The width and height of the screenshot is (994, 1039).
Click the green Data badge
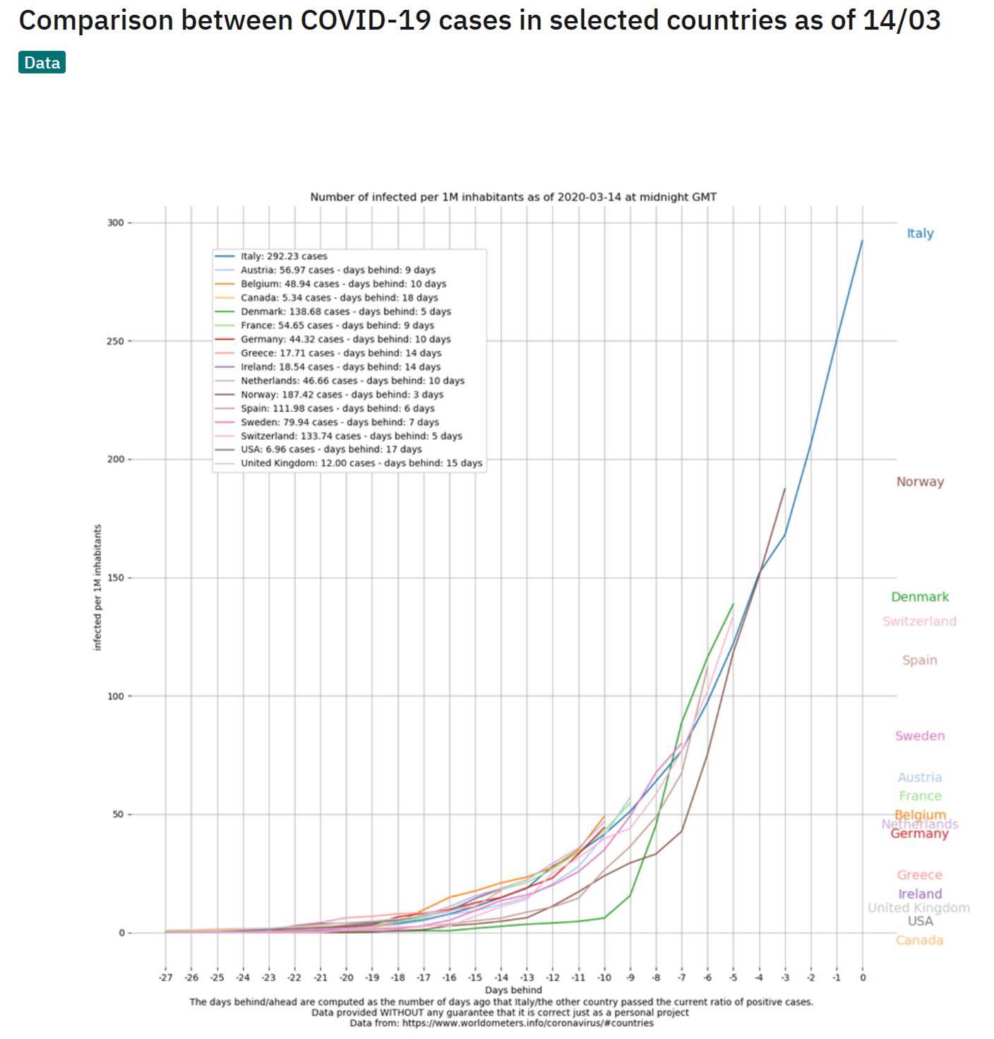(x=42, y=63)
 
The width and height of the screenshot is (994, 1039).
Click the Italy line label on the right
(x=920, y=233)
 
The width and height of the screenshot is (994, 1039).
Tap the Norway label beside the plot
(x=920, y=481)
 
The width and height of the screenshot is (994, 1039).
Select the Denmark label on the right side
(x=920, y=596)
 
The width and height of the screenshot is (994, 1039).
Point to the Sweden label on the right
(x=920, y=735)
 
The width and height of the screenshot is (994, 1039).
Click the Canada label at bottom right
(x=919, y=940)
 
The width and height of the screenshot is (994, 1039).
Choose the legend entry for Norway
(x=342, y=395)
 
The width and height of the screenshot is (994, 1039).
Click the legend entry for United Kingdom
(x=361, y=463)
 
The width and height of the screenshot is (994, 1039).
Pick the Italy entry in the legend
(x=284, y=256)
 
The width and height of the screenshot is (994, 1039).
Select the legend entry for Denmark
(x=345, y=311)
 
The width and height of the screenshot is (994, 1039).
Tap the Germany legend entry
(x=345, y=339)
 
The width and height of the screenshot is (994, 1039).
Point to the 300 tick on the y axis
(x=115, y=222)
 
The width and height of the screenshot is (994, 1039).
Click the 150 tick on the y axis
(x=115, y=577)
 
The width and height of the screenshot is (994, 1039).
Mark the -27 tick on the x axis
(x=165, y=978)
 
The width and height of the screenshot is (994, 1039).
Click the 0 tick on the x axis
(x=862, y=978)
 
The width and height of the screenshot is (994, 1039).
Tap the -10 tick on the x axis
(x=604, y=978)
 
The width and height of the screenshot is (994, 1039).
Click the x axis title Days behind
(x=513, y=990)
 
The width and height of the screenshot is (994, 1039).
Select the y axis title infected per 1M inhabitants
(x=97, y=587)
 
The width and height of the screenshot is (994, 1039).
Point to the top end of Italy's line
(x=862, y=241)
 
